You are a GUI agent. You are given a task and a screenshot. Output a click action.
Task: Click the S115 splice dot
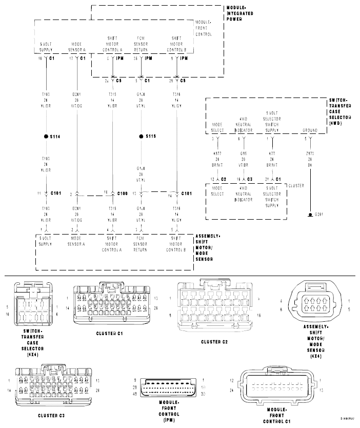141,137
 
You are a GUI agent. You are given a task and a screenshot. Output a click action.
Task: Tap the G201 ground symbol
310,213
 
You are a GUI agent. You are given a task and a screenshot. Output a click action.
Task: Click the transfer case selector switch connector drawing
32,305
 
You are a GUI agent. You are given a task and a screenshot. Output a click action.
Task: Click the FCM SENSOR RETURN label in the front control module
142,44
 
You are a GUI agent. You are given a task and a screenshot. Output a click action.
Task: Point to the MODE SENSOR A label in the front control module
77,47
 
